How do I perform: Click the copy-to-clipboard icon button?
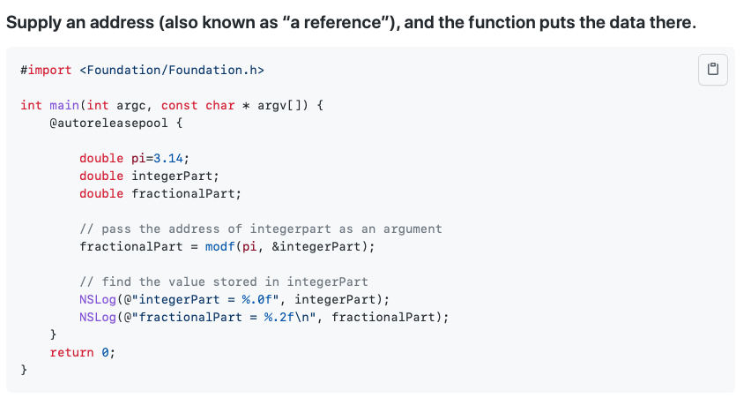[x=713, y=70]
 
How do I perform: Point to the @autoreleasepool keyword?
[x=105, y=123]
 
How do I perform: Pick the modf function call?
[x=219, y=246]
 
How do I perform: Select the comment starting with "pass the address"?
[x=261, y=229]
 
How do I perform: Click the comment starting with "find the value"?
[x=224, y=282]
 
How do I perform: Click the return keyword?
[x=71, y=352]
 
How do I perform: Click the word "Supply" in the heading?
[x=32, y=22]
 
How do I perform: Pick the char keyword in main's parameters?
[x=219, y=105]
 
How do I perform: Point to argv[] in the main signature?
[x=279, y=105]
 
